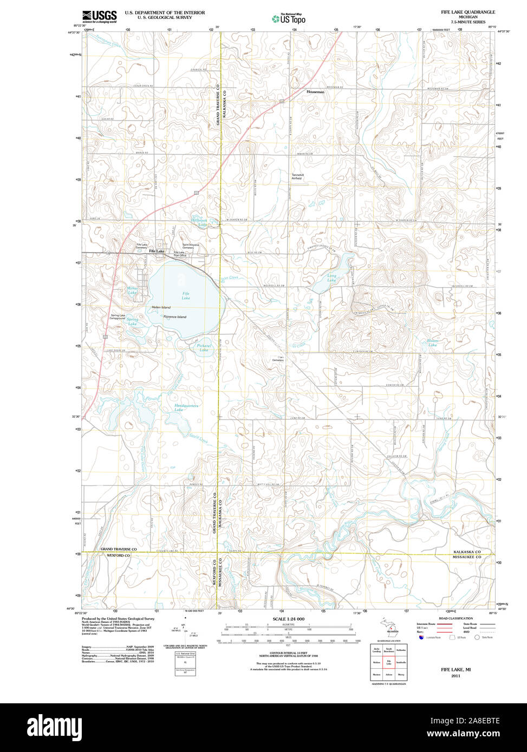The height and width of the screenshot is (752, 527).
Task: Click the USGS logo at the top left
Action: [x=99, y=16]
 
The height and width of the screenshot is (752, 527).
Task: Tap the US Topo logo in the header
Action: [x=289, y=19]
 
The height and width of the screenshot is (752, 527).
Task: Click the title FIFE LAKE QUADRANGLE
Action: [x=468, y=12]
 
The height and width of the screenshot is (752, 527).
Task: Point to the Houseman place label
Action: [x=315, y=92]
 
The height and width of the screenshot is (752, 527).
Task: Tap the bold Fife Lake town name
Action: [x=157, y=251]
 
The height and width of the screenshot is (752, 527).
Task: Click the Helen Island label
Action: [x=161, y=307]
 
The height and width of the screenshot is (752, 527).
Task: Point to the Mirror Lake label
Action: [x=132, y=291]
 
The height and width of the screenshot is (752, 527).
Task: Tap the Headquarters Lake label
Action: [x=186, y=407]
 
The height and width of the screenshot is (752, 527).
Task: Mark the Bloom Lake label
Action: [x=432, y=342]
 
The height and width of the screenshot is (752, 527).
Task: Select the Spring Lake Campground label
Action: [x=118, y=317]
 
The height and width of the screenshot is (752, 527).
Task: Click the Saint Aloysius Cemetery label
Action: [x=190, y=246]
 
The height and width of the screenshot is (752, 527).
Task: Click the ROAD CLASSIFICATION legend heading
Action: [x=456, y=618]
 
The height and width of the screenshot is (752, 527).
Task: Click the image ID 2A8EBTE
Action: [x=477, y=721]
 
